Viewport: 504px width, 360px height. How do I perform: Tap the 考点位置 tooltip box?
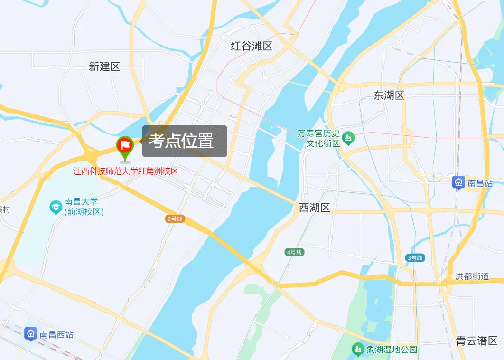(185, 141)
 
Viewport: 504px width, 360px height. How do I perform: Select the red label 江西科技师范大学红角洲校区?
(125, 171)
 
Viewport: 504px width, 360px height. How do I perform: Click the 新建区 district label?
(104, 66)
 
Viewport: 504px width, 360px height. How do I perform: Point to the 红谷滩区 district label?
(252, 46)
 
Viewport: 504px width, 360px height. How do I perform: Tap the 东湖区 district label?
(389, 95)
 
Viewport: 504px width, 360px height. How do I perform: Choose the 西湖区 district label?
(314, 207)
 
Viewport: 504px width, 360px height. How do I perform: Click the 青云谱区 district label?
(476, 341)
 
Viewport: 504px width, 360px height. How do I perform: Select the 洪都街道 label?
(472, 276)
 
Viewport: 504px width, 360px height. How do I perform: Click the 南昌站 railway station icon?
(458, 182)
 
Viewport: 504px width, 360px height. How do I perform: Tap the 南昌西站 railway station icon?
(31, 334)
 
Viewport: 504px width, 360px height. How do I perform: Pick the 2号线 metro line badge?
(175, 219)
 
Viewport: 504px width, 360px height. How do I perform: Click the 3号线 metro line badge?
(415, 258)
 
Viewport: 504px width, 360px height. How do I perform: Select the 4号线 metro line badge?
(294, 252)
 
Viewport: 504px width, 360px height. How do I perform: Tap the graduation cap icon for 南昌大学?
(56, 207)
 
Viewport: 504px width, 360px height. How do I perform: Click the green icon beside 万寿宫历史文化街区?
(349, 138)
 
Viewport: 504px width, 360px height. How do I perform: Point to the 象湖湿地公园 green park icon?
(358, 350)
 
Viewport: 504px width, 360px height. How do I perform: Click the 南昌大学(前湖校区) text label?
(84, 207)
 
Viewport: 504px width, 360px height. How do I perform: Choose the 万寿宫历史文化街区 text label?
(319, 138)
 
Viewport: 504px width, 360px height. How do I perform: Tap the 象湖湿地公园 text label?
(392, 350)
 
